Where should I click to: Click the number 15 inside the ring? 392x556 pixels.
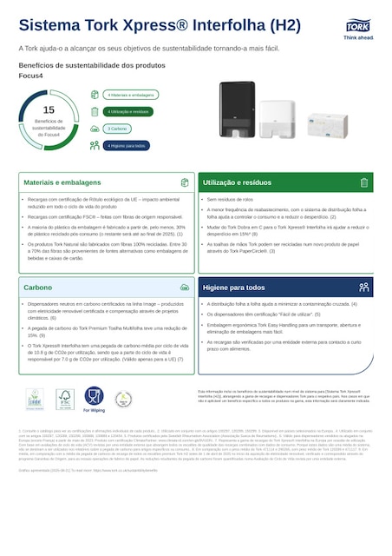coord(49,109)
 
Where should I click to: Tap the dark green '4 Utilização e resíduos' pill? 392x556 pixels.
coord(128,111)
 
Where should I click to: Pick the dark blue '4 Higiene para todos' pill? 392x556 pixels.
coord(127,145)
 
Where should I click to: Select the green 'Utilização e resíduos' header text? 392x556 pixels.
coord(237,183)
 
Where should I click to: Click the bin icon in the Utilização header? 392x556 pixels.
coord(364,183)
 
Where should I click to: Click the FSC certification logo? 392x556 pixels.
coord(64,399)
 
